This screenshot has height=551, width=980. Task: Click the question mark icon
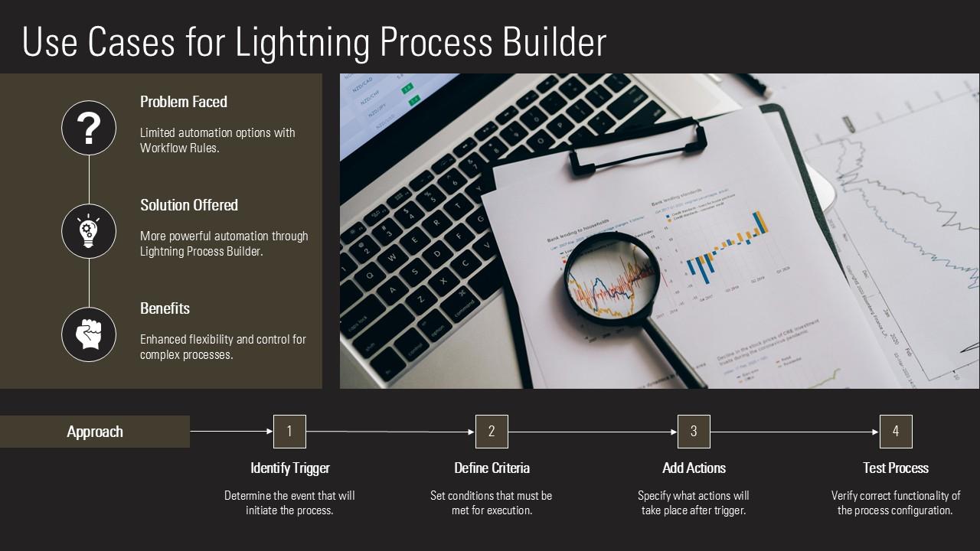89,129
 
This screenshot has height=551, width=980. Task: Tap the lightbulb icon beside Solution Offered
89,231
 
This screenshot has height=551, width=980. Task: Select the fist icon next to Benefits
89,334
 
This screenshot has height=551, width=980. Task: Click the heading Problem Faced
184,102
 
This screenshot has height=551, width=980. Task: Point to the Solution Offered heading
189,205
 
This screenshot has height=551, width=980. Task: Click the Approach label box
95,432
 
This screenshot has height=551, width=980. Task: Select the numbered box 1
289,432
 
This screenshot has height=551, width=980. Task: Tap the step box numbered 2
492,432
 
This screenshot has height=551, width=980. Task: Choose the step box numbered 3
694,432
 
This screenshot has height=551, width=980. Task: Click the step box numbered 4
896,432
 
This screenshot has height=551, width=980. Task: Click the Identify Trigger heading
290,468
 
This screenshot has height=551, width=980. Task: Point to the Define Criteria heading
492,468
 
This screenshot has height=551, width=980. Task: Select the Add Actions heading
694,468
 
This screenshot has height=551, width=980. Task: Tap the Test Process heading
896,468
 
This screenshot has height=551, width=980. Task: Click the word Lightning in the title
303,43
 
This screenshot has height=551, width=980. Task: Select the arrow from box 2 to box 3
593,432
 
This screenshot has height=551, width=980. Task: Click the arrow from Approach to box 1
231,432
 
